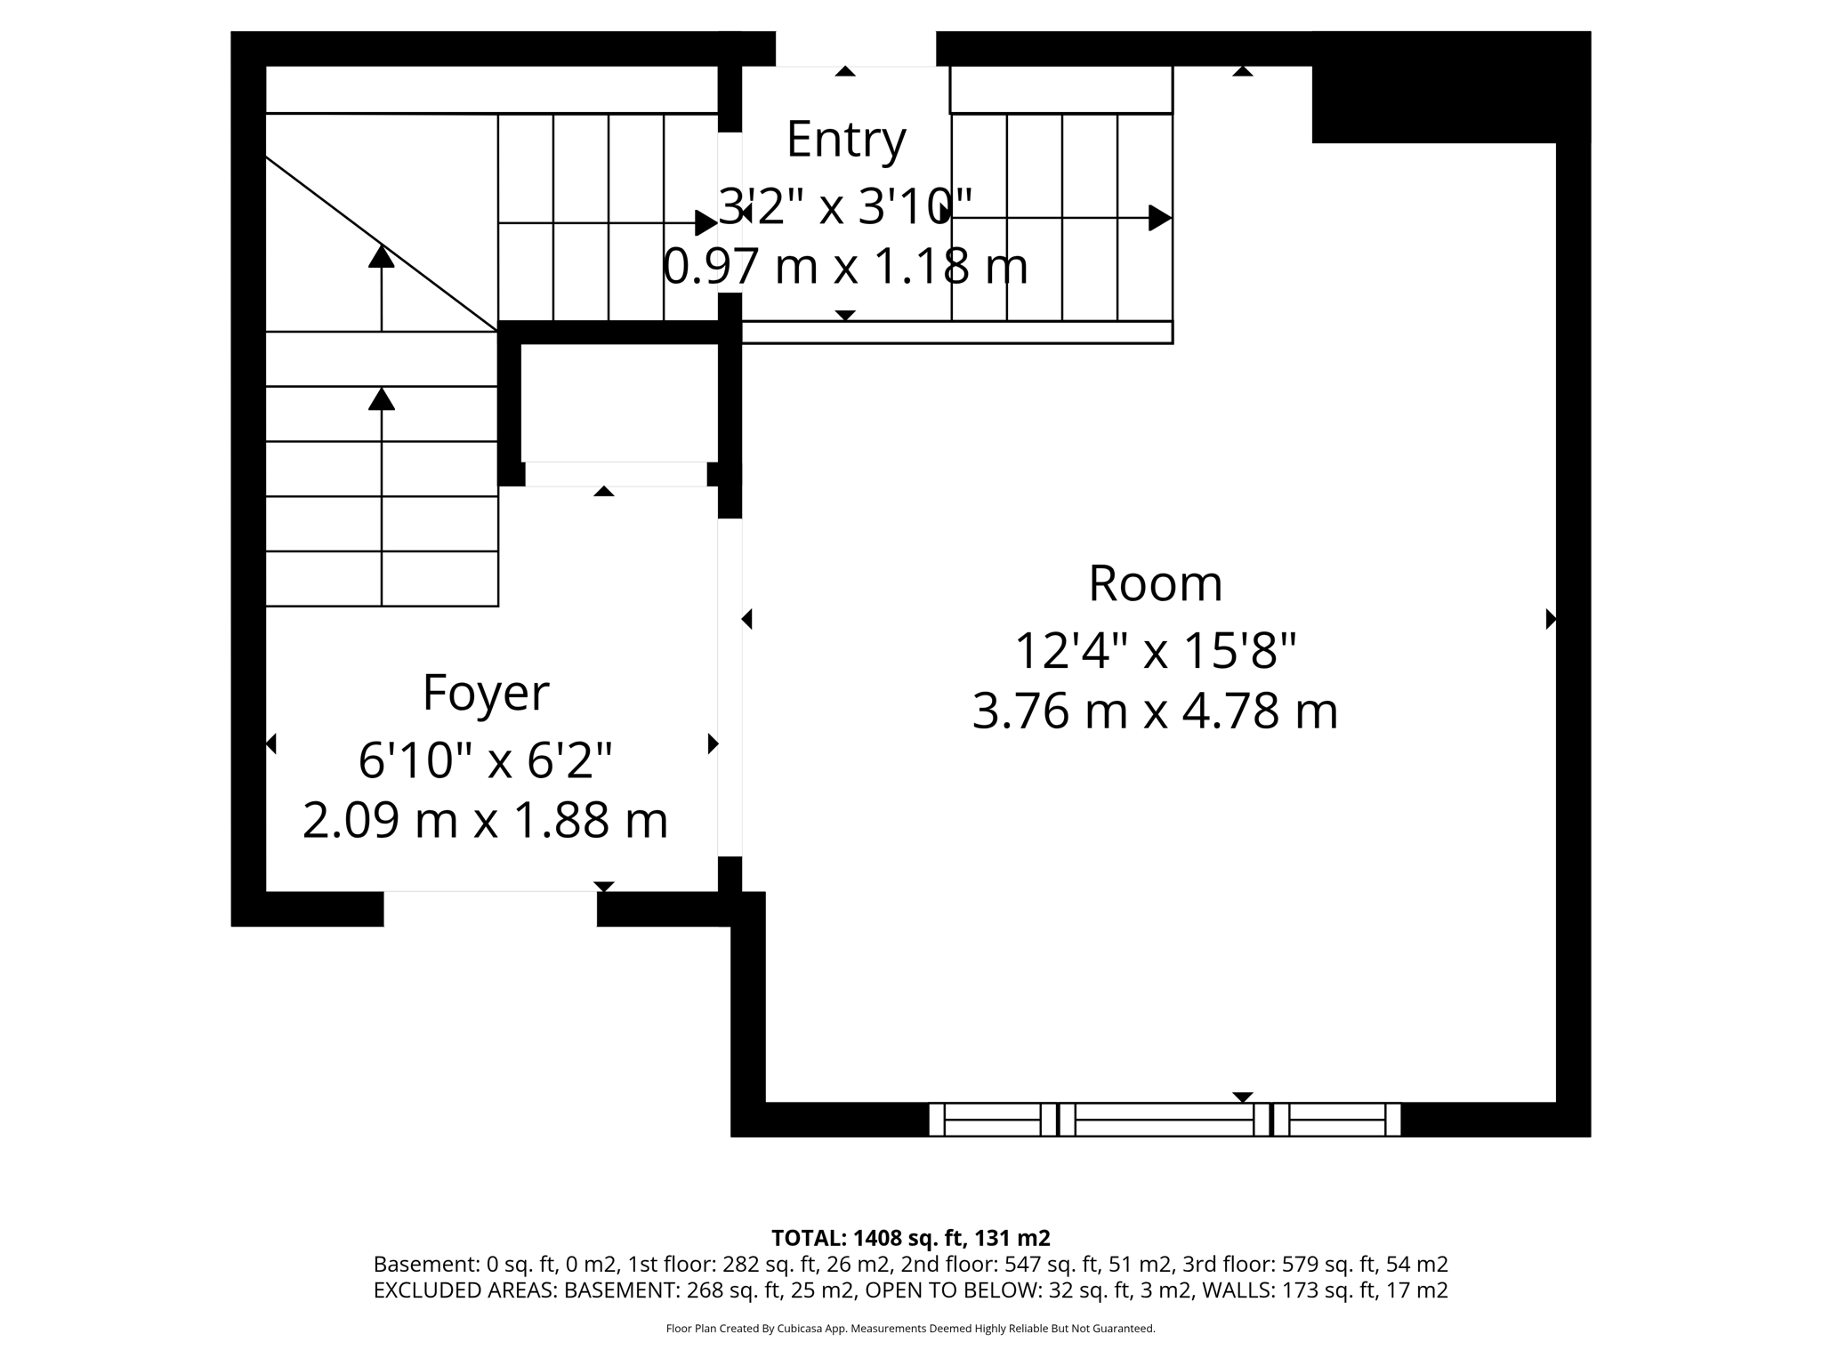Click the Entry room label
846,140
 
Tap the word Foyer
485,693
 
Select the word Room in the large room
1155,583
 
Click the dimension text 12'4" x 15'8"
1155,650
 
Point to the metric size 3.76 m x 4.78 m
1155,711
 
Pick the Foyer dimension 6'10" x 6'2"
485,760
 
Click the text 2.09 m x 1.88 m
485,820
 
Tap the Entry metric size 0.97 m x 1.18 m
845,266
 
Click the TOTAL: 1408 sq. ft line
910,1238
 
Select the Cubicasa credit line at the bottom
910,1329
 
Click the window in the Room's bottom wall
1164,1120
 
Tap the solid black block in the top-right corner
1450,87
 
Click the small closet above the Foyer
618,402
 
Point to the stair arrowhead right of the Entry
1158,218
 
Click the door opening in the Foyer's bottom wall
490,908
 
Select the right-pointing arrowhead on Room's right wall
1551,619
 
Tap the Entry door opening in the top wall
855,49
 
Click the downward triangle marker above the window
1242,1097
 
